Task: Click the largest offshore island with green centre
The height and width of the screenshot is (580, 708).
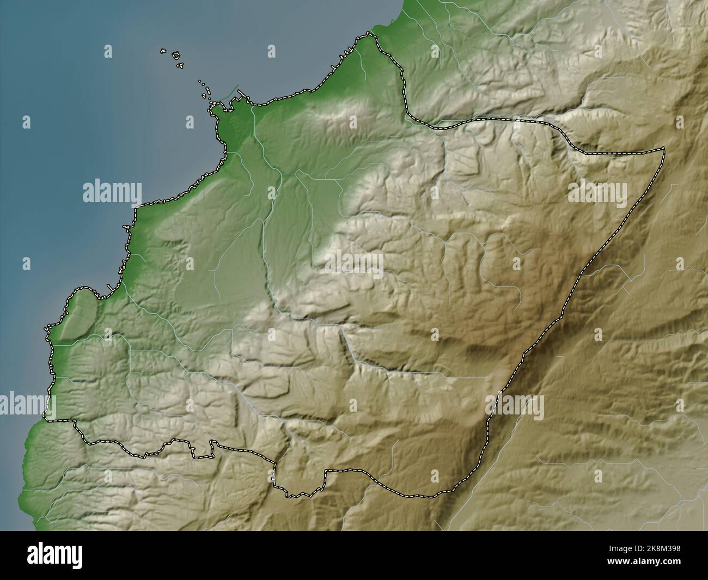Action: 176,55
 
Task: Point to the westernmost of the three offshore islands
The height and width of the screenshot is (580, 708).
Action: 162,52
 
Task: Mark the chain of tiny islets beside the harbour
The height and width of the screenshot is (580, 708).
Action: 205,90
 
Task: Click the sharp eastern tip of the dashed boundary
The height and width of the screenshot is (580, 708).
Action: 664,148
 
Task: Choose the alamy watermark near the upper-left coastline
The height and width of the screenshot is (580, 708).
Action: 112,192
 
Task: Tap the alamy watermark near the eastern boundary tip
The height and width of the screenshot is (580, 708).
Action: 597,192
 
